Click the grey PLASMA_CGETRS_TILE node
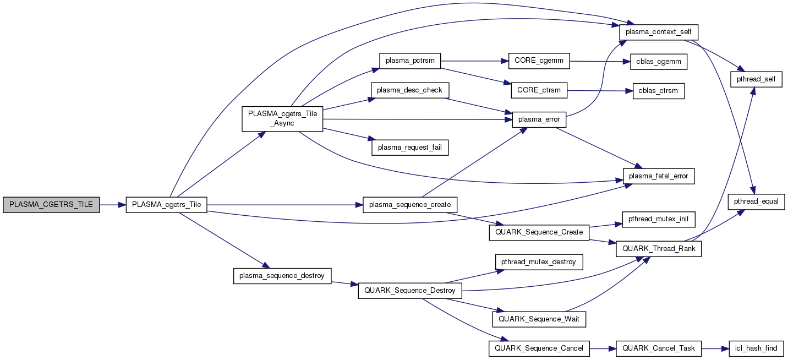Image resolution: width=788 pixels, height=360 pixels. [x=51, y=205]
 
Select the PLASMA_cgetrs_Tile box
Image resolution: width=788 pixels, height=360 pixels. [x=166, y=205]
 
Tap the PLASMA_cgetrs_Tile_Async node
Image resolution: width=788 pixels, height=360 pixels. [x=282, y=119]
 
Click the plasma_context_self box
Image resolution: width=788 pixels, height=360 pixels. [x=655, y=32]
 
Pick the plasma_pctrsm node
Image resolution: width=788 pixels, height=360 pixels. [x=410, y=61]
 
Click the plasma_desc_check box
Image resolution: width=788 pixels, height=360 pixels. [x=410, y=90]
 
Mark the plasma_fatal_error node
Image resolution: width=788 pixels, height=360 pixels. [x=659, y=176]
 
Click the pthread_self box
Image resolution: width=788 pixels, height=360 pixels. [x=757, y=80]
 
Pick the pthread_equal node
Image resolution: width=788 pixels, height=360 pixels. [x=757, y=201]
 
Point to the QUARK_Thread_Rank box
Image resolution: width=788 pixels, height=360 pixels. [x=659, y=248]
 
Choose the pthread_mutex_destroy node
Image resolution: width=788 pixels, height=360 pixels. [x=539, y=261]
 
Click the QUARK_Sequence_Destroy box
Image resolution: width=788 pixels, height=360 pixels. [x=410, y=291]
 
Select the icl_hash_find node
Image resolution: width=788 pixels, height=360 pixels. [x=757, y=348]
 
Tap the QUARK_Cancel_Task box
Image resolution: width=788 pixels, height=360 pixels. [x=659, y=348]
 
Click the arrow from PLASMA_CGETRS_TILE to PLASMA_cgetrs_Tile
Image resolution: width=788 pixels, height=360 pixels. [x=113, y=205]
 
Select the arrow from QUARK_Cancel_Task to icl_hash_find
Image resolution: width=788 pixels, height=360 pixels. [x=715, y=348]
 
